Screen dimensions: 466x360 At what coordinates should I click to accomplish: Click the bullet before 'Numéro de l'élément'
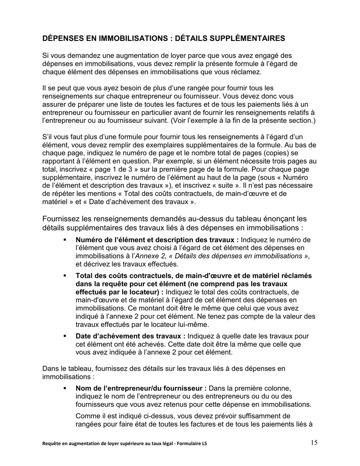[x=65, y=240]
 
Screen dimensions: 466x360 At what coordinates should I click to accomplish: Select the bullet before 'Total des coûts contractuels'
[x=65, y=276]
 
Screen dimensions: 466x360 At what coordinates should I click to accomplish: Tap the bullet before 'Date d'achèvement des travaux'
[x=65, y=336]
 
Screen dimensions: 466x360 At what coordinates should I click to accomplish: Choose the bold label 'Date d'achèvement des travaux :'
[x=131, y=336]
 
